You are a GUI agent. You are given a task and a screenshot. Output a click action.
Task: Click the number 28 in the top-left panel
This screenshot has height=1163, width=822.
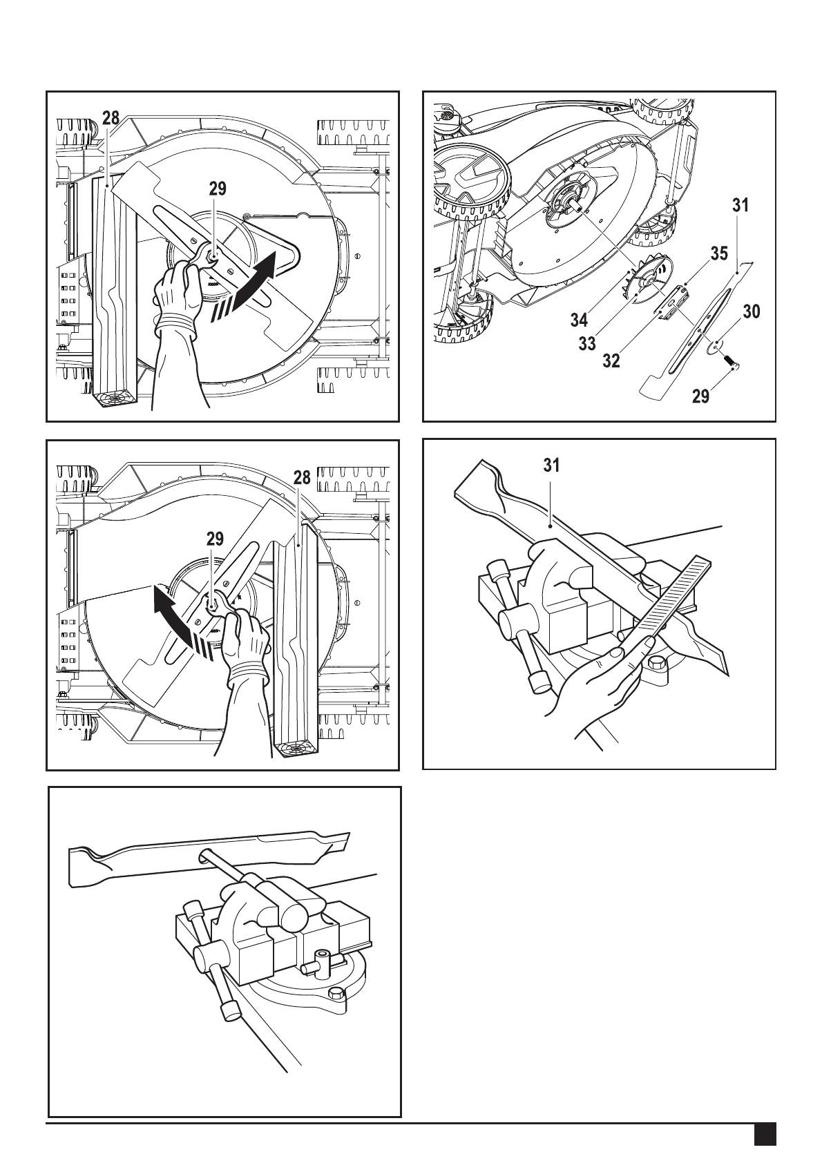tap(111, 118)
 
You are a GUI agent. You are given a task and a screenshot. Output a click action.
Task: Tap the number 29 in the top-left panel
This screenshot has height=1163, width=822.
tap(218, 189)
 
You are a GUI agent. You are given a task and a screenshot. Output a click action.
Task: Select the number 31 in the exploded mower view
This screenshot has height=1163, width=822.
tap(740, 205)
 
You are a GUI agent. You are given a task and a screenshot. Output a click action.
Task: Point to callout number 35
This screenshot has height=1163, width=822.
tap(719, 253)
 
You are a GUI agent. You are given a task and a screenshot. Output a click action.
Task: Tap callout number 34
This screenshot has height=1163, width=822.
tap(579, 319)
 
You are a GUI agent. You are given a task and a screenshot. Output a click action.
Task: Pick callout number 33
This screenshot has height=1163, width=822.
tap(587, 343)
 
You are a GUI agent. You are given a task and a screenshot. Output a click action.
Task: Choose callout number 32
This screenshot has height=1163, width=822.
tap(611, 361)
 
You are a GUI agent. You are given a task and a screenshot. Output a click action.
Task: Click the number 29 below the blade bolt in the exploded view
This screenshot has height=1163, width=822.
tap(700, 396)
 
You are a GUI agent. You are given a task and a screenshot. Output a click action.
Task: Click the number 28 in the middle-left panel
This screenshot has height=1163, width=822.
tap(302, 477)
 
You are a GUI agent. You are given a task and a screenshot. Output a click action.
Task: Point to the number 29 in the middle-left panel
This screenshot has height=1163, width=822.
tap(215, 539)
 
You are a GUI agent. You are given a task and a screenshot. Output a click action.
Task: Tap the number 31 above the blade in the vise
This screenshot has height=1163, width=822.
tap(551, 465)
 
